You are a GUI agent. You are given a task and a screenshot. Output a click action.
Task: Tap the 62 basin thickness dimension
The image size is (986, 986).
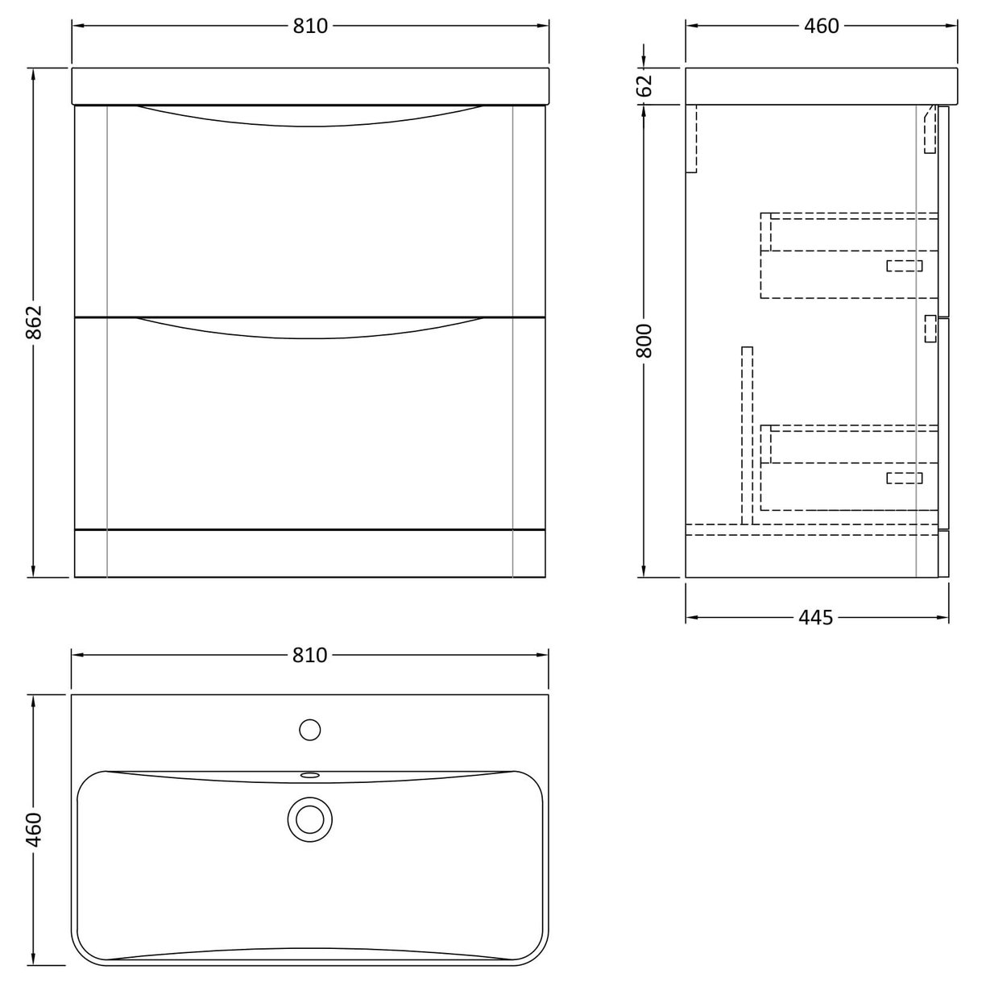[644, 85]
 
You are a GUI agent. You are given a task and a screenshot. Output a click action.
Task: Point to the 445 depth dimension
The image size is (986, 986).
[816, 618]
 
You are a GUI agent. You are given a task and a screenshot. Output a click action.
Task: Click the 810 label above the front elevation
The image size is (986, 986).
[310, 26]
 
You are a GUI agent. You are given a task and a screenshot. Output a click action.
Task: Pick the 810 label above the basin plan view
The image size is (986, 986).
[310, 655]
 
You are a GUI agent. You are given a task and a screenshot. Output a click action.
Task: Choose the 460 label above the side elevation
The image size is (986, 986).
[821, 26]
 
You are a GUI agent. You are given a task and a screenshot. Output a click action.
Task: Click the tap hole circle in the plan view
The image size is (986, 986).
[310, 730]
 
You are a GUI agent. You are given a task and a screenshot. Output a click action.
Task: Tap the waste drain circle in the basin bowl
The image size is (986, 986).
[310, 819]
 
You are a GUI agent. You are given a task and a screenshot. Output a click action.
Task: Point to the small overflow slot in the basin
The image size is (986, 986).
[310, 776]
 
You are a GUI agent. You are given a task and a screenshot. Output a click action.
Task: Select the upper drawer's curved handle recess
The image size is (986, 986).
[310, 118]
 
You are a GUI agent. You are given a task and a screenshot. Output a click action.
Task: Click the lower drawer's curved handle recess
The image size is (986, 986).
[310, 329]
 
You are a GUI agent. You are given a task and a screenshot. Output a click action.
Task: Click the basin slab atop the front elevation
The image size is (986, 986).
[310, 86]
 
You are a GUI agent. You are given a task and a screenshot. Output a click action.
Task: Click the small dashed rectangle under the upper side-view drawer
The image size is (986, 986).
[904, 266]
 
